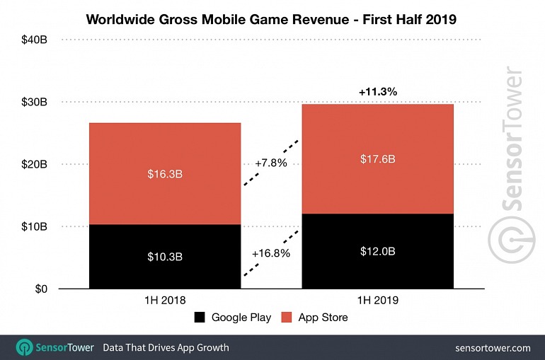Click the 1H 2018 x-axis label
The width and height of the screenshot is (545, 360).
point(164,300)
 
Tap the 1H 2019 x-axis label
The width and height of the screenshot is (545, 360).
point(377,300)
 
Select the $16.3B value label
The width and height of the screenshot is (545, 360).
point(164,173)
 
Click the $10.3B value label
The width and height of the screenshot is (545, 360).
point(164,256)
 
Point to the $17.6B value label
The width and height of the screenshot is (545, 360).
point(377,159)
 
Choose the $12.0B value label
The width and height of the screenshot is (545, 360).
point(377,251)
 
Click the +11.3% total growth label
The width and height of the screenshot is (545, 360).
point(377,92)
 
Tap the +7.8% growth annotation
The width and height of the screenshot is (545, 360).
point(271,163)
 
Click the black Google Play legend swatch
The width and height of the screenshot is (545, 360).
point(200,318)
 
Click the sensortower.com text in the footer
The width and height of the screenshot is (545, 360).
point(493,347)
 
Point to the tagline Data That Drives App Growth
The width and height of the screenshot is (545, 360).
point(166,347)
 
